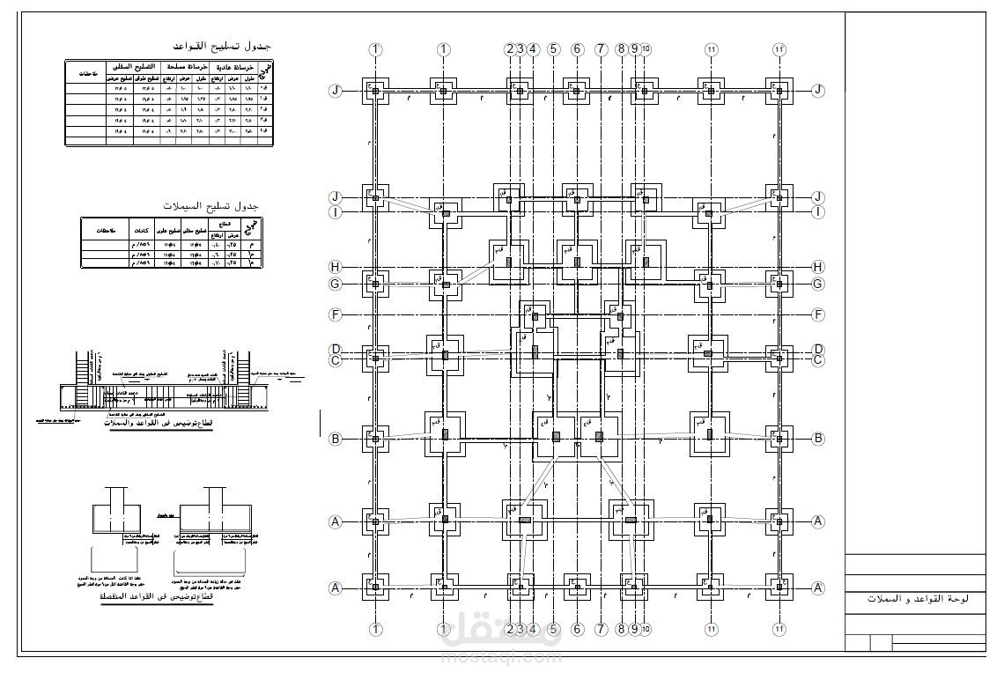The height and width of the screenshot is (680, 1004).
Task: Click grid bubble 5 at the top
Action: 553,49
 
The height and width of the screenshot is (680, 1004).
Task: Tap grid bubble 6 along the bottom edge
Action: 577,630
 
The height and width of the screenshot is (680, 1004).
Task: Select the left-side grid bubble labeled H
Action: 335,267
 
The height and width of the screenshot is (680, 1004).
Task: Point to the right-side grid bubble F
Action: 819,314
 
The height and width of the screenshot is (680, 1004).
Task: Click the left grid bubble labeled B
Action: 335,438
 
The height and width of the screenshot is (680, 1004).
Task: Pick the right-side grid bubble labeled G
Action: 819,284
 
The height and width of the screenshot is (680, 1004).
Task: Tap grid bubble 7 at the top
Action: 602,49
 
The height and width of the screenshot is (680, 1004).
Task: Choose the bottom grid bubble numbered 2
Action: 509,630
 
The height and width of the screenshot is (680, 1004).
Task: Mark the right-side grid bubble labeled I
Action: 819,211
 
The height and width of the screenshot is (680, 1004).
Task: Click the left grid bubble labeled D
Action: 335,349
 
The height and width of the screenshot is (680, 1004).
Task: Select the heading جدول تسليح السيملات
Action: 211,205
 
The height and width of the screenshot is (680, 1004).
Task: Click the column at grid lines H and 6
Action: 577,262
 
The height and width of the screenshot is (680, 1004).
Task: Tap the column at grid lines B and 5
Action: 556,435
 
